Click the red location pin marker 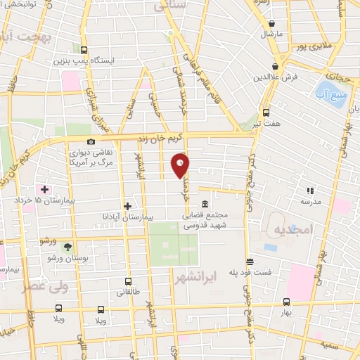tap(181, 165)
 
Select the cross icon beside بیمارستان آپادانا tap(127, 206)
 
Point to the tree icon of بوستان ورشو tap(67, 247)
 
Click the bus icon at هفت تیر tap(266, 112)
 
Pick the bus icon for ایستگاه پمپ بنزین tap(84, 50)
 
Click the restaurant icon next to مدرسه tap(309, 190)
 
